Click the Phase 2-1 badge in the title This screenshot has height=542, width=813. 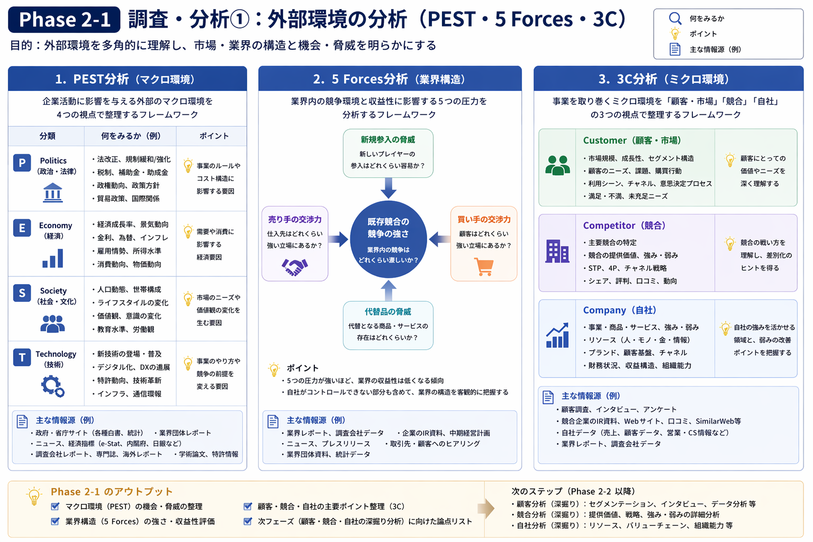click(x=64, y=20)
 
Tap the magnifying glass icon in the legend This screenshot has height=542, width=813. click(x=675, y=18)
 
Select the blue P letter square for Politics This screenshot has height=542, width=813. click(x=22, y=162)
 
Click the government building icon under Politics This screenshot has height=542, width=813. click(x=53, y=193)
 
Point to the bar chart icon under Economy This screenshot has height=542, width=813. click(x=53, y=258)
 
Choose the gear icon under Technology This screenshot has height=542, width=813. click(x=52, y=386)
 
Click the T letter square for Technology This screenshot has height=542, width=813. click(x=22, y=358)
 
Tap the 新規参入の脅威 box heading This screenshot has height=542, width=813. click(x=388, y=140)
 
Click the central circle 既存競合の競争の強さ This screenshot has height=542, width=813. click(x=388, y=239)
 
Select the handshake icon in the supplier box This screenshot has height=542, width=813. click(x=295, y=267)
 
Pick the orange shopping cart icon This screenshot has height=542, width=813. click(x=484, y=266)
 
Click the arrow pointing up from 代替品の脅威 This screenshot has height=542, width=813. click(x=389, y=291)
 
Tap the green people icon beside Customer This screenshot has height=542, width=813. click(x=557, y=166)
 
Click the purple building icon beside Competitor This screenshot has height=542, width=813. click(x=557, y=251)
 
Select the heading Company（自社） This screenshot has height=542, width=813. click(x=619, y=310)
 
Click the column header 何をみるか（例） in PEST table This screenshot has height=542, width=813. click(x=131, y=136)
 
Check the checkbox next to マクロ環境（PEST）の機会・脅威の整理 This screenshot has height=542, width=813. click(x=55, y=507)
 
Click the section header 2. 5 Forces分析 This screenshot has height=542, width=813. click(x=390, y=79)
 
